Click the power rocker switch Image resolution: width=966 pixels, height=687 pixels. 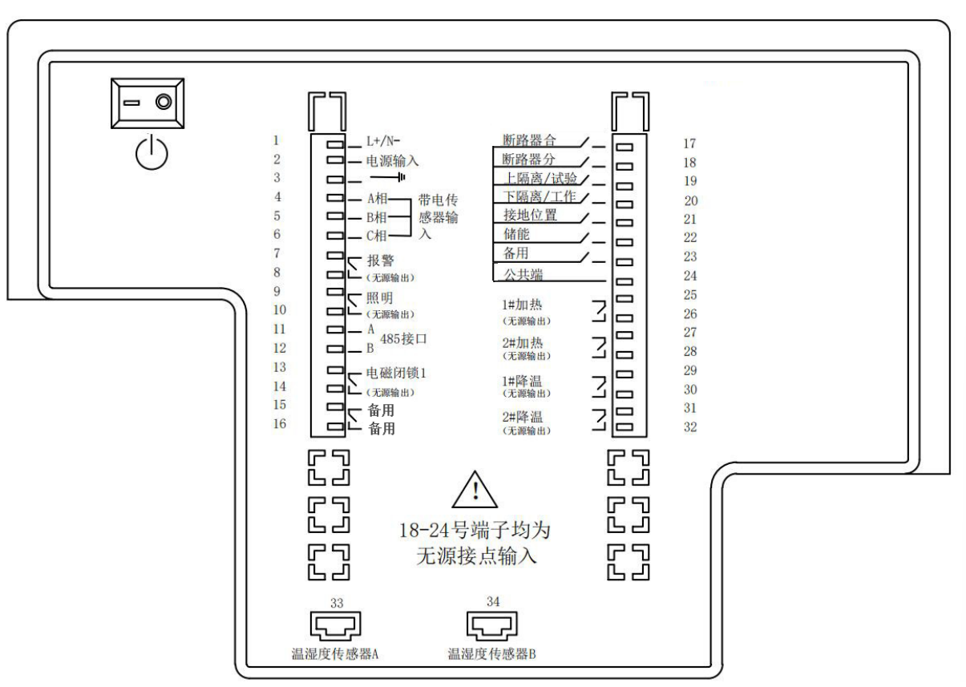[x=147, y=103]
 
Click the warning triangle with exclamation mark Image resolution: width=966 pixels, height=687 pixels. [x=476, y=491]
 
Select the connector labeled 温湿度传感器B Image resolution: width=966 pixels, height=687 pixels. [x=491, y=622]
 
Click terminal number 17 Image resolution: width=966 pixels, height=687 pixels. [x=689, y=144]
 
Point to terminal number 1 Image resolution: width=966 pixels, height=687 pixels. [x=277, y=139]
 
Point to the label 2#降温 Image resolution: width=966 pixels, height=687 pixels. [x=525, y=417]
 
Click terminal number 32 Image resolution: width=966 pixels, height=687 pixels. [x=689, y=427]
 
